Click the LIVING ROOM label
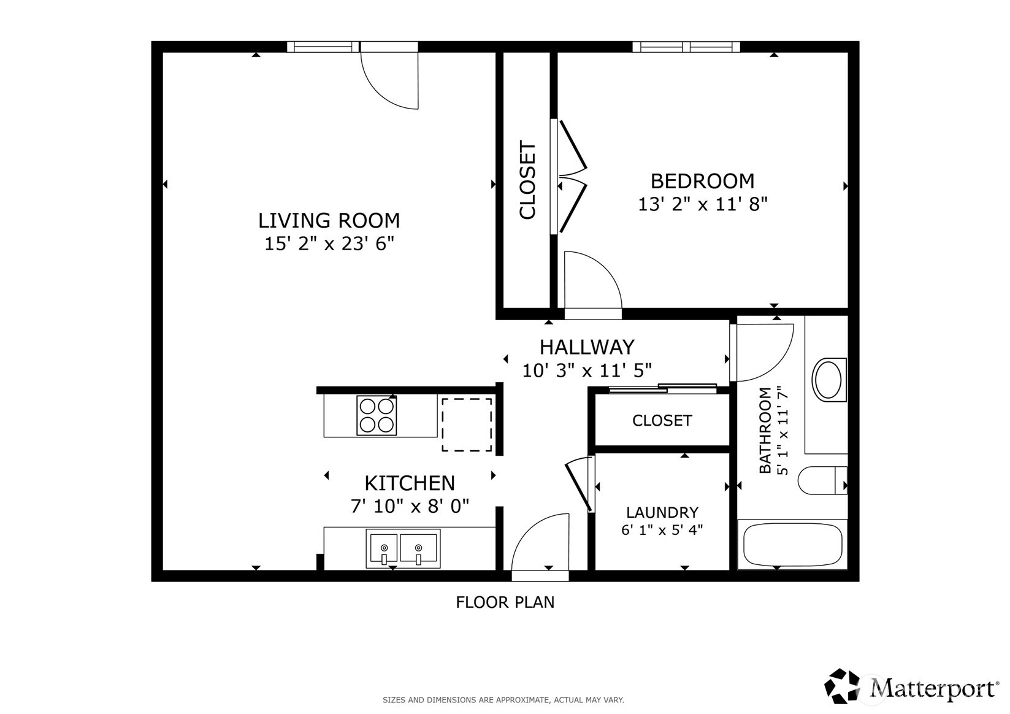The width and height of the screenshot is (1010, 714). [329, 220]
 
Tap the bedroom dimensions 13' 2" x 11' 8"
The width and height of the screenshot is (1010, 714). [703, 204]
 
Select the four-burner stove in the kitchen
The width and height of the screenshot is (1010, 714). [377, 415]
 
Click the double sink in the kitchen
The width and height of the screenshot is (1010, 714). [403, 548]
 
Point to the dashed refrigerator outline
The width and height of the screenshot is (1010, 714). [467, 424]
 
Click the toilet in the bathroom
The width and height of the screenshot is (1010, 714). [822, 480]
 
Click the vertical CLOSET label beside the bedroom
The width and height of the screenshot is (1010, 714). [527, 180]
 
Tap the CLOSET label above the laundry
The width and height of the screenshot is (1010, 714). [662, 421]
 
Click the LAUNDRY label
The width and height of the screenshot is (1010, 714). [662, 512]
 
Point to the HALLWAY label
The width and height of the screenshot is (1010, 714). [586, 347]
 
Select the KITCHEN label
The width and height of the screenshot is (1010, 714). [410, 483]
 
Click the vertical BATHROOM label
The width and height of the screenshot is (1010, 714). [765, 430]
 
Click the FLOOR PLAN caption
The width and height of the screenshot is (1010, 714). [505, 602]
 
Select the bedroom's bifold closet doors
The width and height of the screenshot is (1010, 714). [572, 176]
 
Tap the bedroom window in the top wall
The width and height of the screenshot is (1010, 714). [686, 47]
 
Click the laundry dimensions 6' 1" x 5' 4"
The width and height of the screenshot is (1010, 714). [662, 530]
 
